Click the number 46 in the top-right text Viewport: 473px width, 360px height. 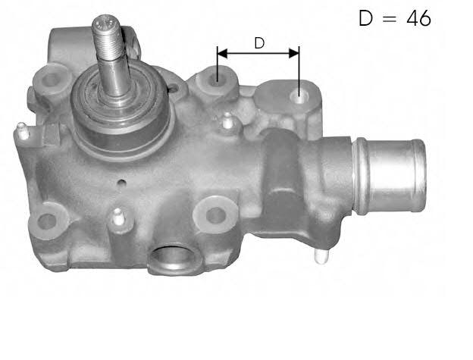point(418,18)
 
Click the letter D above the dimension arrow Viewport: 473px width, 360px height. point(259,43)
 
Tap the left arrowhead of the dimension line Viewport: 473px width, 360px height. point(222,54)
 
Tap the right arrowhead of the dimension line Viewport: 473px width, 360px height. point(294,53)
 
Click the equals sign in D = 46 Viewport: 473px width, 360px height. point(390,19)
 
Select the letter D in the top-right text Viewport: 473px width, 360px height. point(366,18)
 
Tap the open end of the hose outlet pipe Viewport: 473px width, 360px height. point(420,176)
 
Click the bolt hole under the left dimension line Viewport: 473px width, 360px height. point(217,79)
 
